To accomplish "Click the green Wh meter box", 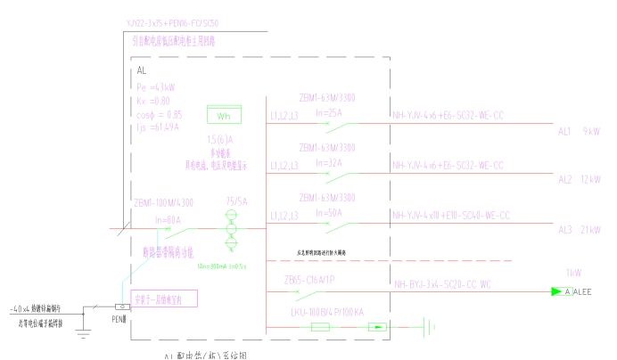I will (x=223, y=115).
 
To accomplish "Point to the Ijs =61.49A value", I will (x=158, y=127).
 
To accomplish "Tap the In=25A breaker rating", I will (x=328, y=113).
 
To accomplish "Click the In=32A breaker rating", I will (x=328, y=163).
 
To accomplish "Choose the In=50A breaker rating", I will (x=328, y=213).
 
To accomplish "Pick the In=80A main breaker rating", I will (x=169, y=218).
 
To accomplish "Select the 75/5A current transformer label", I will (x=237, y=202).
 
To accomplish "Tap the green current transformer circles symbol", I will (x=232, y=228).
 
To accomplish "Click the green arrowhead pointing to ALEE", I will (x=556, y=291).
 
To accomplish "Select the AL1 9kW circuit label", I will (x=578, y=131).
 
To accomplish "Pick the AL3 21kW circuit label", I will (x=578, y=230).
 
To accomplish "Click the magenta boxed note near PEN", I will (x=164, y=298).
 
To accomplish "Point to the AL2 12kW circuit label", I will (x=578, y=180).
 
